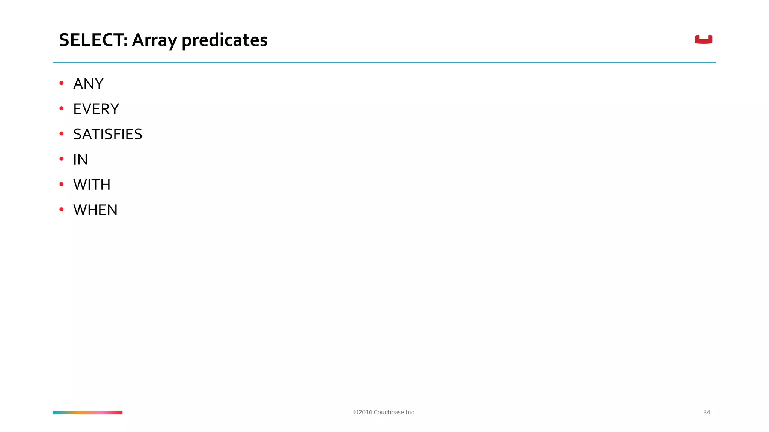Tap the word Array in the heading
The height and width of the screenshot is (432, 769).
click(x=154, y=40)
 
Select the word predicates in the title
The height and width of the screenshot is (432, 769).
click(x=224, y=40)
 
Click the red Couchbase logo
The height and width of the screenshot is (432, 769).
click(x=703, y=39)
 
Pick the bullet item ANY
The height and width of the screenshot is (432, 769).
click(x=88, y=84)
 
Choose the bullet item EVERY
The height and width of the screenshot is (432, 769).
click(x=96, y=109)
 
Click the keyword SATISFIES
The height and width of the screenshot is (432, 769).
click(x=108, y=134)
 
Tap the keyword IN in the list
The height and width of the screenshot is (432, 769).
click(x=80, y=159)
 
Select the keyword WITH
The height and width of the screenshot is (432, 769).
click(x=92, y=184)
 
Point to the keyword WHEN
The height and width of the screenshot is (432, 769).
click(x=95, y=210)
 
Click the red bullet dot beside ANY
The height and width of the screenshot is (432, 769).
click(x=62, y=83)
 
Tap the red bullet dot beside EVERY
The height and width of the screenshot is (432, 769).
click(x=62, y=108)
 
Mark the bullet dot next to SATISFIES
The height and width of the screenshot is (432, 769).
click(x=62, y=133)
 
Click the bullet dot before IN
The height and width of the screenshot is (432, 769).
click(x=62, y=159)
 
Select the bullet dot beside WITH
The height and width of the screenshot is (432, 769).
click(x=62, y=184)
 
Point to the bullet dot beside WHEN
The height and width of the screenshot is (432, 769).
click(x=62, y=209)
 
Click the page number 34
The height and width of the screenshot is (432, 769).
click(x=706, y=412)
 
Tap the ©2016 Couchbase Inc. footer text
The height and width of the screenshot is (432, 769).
click(x=384, y=412)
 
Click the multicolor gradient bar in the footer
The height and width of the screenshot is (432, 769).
click(x=87, y=412)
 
